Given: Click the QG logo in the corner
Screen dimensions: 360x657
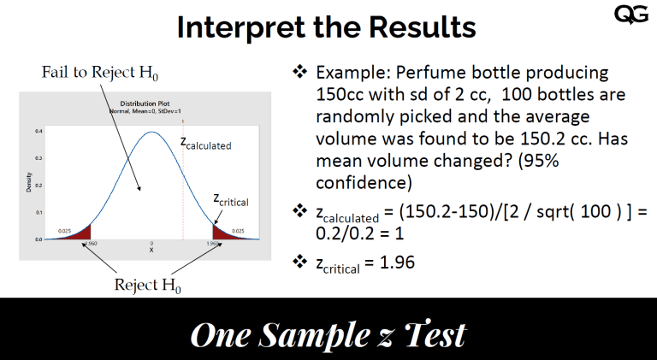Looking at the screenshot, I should pos(631,15).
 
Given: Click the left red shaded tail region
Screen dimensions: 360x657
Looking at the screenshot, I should pos(81,233).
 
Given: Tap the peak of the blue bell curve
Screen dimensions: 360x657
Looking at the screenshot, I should pos(152,133).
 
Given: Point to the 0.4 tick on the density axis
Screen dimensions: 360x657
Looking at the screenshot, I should pos(38,132).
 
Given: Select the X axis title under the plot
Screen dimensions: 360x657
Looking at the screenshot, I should pos(151,251).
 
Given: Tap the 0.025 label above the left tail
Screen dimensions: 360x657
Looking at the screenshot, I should pos(65,231).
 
